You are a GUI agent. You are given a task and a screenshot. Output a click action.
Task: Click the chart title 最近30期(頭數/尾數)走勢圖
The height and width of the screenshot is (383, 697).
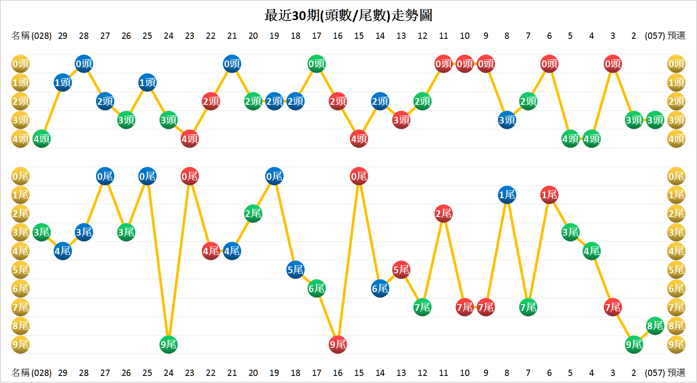pyautogui.click(x=348, y=15)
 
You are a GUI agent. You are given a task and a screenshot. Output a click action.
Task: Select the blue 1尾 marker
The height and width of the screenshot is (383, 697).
pyautogui.click(x=507, y=195)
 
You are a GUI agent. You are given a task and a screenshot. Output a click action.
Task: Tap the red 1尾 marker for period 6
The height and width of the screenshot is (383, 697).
pyautogui.click(x=549, y=195)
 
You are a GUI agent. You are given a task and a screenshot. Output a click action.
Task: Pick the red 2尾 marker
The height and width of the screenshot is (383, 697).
pyautogui.click(x=444, y=214)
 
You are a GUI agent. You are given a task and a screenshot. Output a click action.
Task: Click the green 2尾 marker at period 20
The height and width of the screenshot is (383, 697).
pyautogui.click(x=253, y=214)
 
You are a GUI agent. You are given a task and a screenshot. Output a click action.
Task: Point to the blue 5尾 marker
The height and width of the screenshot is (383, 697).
pyautogui.click(x=295, y=270)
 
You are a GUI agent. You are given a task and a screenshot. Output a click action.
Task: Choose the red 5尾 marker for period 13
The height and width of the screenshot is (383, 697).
pyautogui.click(x=401, y=270)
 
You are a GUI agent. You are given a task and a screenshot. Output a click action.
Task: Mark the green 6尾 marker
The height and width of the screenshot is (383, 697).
pyautogui.click(x=317, y=288)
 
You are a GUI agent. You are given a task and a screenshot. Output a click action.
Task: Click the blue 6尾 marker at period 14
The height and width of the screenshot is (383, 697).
pyautogui.click(x=380, y=288)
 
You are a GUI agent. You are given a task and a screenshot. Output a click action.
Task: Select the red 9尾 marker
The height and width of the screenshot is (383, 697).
pyautogui.click(x=337, y=345)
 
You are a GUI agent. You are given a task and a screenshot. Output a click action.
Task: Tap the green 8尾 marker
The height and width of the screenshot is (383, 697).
pyautogui.click(x=655, y=326)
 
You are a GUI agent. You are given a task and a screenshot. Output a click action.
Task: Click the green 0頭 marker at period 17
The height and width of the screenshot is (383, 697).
pyautogui.click(x=317, y=64)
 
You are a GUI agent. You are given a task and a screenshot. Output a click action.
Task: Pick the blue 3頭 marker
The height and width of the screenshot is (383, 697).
pyautogui.click(x=507, y=120)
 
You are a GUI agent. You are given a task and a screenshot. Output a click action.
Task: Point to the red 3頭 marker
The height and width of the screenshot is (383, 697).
pyautogui.click(x=401, y=120)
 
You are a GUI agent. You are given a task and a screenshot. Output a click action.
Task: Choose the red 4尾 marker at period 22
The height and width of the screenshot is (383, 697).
pyautogui.click(x=211, y=251)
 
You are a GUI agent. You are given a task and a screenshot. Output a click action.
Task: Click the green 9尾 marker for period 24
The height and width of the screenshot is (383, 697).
pyautogui.click(x=168, y=345)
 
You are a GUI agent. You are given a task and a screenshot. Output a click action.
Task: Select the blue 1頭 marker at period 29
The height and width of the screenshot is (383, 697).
pyautogui.click(x=63, y=83)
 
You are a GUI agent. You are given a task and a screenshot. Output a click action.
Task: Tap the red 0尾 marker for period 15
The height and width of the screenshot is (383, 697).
pyautogui.click(x=359, y=176)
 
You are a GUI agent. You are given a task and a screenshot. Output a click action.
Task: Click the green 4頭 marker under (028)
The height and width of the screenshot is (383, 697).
pyautogui.click(x=41, y=139)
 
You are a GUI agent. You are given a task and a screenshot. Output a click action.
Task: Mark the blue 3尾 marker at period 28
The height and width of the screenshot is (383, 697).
pyautogui.click(x=84, y=232)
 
